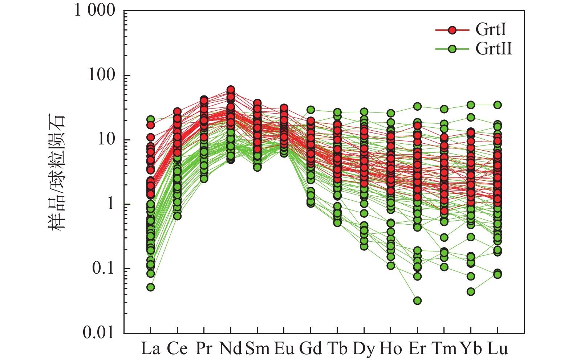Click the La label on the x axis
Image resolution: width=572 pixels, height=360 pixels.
(x=150, y=349)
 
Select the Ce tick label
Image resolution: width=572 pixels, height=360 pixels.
(x=177, y=349)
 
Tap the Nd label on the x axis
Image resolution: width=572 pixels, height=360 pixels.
(x=231, y=349)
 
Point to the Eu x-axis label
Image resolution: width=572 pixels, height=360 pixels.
(x=284, y=349)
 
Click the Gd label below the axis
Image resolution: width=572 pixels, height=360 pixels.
(x=311, y=349)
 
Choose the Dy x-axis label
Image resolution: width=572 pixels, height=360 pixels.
(x=364, y=349)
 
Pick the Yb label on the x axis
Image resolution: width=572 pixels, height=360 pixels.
(x=471, y=349)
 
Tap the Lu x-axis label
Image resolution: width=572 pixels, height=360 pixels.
(x=498, y=349)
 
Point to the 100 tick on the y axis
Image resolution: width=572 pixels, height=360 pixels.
(x=102, y=75)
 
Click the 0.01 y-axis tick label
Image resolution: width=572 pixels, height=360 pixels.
(x=99, y=333)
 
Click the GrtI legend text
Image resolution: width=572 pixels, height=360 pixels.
(x=491, y=30)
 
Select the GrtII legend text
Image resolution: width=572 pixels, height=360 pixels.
(x=494, y=49)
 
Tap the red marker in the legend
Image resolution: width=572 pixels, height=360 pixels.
(x=452, y=30)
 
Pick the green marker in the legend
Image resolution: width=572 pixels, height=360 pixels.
(x=452, y=49)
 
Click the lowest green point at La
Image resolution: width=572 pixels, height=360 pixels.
(x=150, y=287)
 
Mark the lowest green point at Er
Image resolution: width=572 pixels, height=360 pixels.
(x=418, y=300)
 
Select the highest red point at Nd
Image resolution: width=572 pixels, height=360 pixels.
(x=231, y=90)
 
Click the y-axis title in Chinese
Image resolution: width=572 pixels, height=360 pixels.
(x=57, y=172)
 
